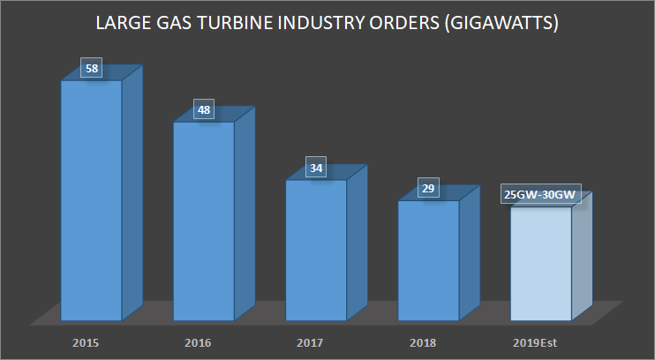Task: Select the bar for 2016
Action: pos(203,221)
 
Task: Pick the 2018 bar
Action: pos(428,260)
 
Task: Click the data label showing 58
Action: pos(91,68)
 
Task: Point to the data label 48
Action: pos(204,110)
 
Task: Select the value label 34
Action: pos(316,167)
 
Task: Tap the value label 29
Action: pos(428,188)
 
